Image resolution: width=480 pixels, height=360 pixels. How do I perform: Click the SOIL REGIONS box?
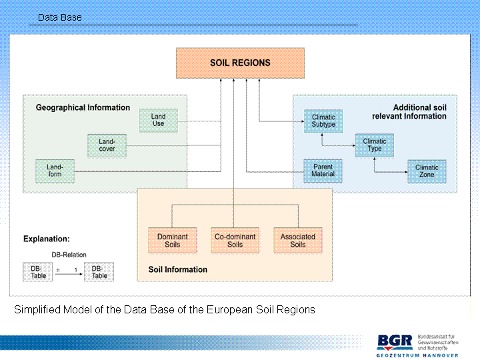[x=240, y=63]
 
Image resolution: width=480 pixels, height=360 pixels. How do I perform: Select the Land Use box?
[x=159, y=120]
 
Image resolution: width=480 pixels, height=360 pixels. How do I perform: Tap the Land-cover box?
[x=107, y=145]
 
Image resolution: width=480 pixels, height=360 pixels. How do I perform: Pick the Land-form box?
[x=55, y=171]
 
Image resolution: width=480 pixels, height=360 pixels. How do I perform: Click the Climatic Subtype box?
[x=324, y=121]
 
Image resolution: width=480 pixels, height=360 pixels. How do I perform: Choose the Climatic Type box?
[x=375, y=145]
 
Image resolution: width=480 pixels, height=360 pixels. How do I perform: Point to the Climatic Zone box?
[x=427, y=171]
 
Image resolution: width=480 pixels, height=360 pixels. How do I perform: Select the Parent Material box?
[x=323, y=171]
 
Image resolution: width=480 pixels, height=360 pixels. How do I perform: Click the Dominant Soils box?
[x=172, y=241]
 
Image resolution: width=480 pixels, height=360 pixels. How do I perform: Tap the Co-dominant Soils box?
[x=235, y=241]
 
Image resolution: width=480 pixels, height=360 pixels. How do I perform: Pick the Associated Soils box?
[x=297, y=241]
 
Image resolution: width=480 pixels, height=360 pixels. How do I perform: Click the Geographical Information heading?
[x=83, y=107]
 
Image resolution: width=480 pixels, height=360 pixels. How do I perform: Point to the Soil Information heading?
[x=177, y=270]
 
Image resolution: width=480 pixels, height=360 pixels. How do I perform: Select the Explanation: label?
[x=47, y=239]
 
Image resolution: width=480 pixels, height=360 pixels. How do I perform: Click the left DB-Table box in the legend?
[x=39, y=272]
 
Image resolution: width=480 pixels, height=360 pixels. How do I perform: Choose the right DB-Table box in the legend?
[x=99, y=272]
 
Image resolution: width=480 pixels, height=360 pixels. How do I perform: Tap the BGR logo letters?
[x=395, y=342]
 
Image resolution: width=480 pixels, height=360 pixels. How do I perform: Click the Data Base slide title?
[x=60, y=17]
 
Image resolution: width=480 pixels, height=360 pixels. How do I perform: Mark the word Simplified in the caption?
[x=38, y=310]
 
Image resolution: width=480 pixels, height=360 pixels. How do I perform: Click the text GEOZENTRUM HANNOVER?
[x=417, y=355]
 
